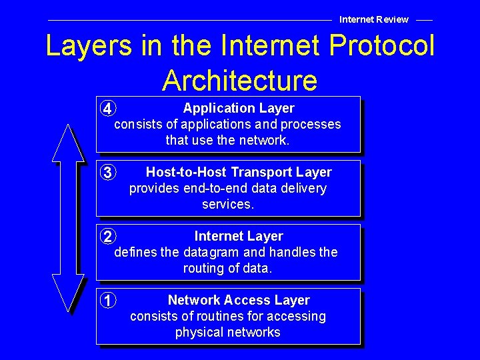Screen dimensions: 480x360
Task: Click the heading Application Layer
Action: [239, 108]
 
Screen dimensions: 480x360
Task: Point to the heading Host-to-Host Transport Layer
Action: [239, 172]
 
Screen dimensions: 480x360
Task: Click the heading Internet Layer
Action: [239, 236]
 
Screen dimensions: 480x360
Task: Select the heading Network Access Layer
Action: [239, 300]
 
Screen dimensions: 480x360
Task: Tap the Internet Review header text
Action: [374, 19]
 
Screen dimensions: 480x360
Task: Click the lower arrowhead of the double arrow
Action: [68, 293]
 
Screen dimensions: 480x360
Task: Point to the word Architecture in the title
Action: [239, 80]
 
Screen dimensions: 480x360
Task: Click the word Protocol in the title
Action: [385, 46]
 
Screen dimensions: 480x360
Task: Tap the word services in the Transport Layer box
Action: [228, 204]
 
